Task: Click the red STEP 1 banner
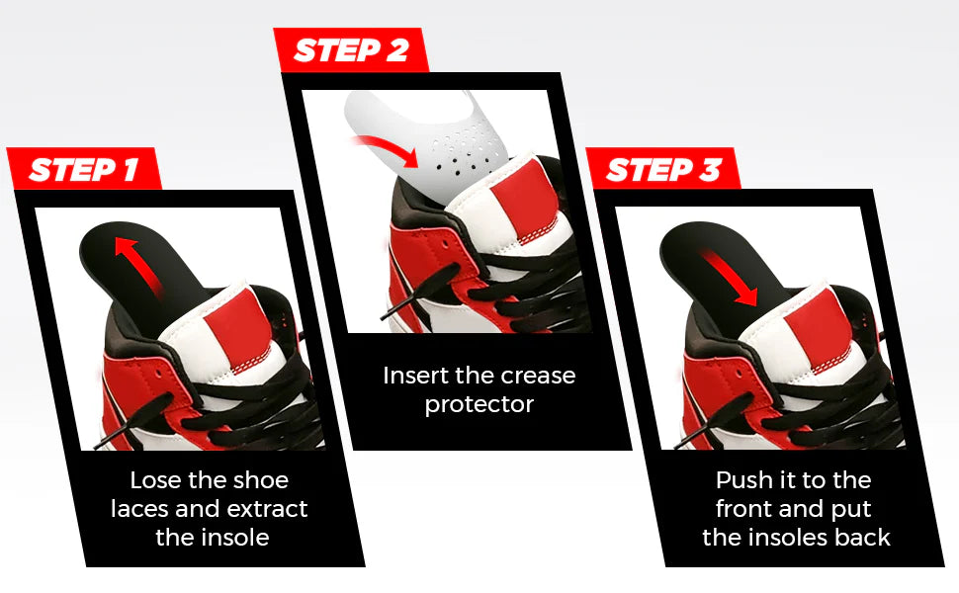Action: coord(83,169)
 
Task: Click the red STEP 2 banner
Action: coord(351,50)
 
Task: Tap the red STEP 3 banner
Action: coord(663,169)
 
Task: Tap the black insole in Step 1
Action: coord(119,252)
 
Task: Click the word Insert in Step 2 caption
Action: coord(414,377)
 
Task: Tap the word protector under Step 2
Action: coord(479,405)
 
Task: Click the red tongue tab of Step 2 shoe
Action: coord(523,198)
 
